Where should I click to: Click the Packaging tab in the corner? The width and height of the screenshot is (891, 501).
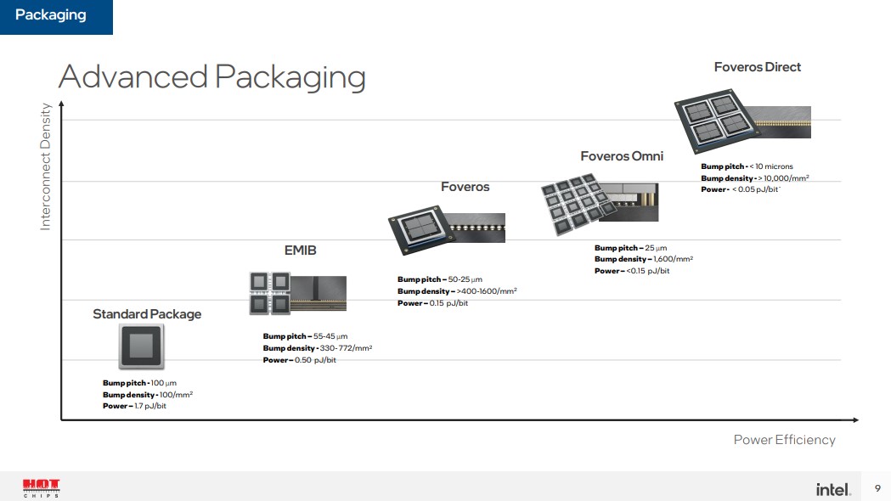(56, 16)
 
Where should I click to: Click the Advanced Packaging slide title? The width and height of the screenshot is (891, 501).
(212, 77)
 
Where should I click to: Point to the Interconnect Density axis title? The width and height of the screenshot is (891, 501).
(46, 166)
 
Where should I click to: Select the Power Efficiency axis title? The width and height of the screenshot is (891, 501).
(784, 440)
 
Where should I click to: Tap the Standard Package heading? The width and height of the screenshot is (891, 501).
(147, 314)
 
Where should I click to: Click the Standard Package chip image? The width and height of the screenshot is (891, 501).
(142, 346)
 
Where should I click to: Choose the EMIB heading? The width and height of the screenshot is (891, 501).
(300, 250)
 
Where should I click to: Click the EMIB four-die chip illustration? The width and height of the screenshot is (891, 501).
(298, 293)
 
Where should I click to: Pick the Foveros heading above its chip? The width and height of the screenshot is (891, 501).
(465, 187)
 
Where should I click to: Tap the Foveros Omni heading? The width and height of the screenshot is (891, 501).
(622, 156)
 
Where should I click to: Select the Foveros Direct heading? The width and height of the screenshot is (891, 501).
(758, 67)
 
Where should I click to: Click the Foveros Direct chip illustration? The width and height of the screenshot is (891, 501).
(742, 121)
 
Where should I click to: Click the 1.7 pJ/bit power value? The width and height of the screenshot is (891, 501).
(150, 406)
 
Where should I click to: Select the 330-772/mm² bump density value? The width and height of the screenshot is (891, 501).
(346, 348)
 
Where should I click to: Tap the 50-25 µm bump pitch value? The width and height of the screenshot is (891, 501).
(465, 279)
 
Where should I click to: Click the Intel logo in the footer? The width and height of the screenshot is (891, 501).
(833, 489)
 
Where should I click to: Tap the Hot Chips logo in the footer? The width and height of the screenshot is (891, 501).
(41, 488)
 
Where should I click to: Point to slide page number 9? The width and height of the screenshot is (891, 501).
(877, 488)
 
